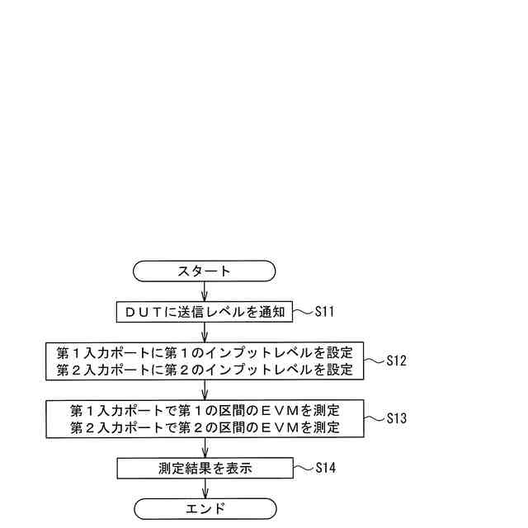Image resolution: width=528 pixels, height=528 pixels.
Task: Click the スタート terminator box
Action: pyautogui.click(x=205, y=271)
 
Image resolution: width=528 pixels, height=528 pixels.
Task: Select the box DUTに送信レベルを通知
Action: pyautogui.click(x=205, y=312)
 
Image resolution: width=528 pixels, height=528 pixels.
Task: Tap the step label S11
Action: pyautogui.click(x=326, y=312)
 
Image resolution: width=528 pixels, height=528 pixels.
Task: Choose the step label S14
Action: pyautogui.click(x=326, y=468)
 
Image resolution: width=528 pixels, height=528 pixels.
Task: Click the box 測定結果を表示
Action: pyautogui.click(x=205, y=468)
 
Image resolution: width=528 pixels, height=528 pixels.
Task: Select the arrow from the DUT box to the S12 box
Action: pyautogui.click(x=205, y=332)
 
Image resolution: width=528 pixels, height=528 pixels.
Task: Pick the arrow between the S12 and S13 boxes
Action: pyautogui.click(x=205, y=389)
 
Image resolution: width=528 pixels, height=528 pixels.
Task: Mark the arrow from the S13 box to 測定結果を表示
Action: pyautogui.click(x=205, y=448)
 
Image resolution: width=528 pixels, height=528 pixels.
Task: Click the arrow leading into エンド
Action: pyautogui.click(x=205, y=488)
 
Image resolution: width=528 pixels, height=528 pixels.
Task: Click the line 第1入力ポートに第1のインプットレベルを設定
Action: pyautogui.click(x=205, y=353)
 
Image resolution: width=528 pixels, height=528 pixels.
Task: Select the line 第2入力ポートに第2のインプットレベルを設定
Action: pyautogui.click(x=205, y=370)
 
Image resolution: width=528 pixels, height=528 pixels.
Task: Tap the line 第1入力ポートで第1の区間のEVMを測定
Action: pyautogui.click(x=205, y=410)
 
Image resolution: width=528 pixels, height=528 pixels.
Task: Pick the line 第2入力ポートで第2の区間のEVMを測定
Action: pyautogui.click(x=205, y=427)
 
